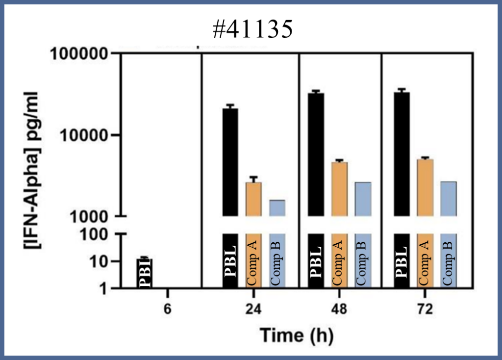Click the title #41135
pos(255,29)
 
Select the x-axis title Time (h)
pos(297,335)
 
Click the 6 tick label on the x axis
pos(168,310)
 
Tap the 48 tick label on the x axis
pos(339,310)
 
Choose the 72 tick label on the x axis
pos(425,310)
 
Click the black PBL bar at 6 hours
pos(145,274)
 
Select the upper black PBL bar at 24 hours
pos(230,162)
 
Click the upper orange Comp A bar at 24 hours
pos(253,199)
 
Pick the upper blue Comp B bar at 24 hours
pos(277,207)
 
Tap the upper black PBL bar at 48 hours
pos(316,154)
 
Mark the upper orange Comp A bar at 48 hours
pos(339,189)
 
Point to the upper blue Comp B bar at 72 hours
pos(449,198)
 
